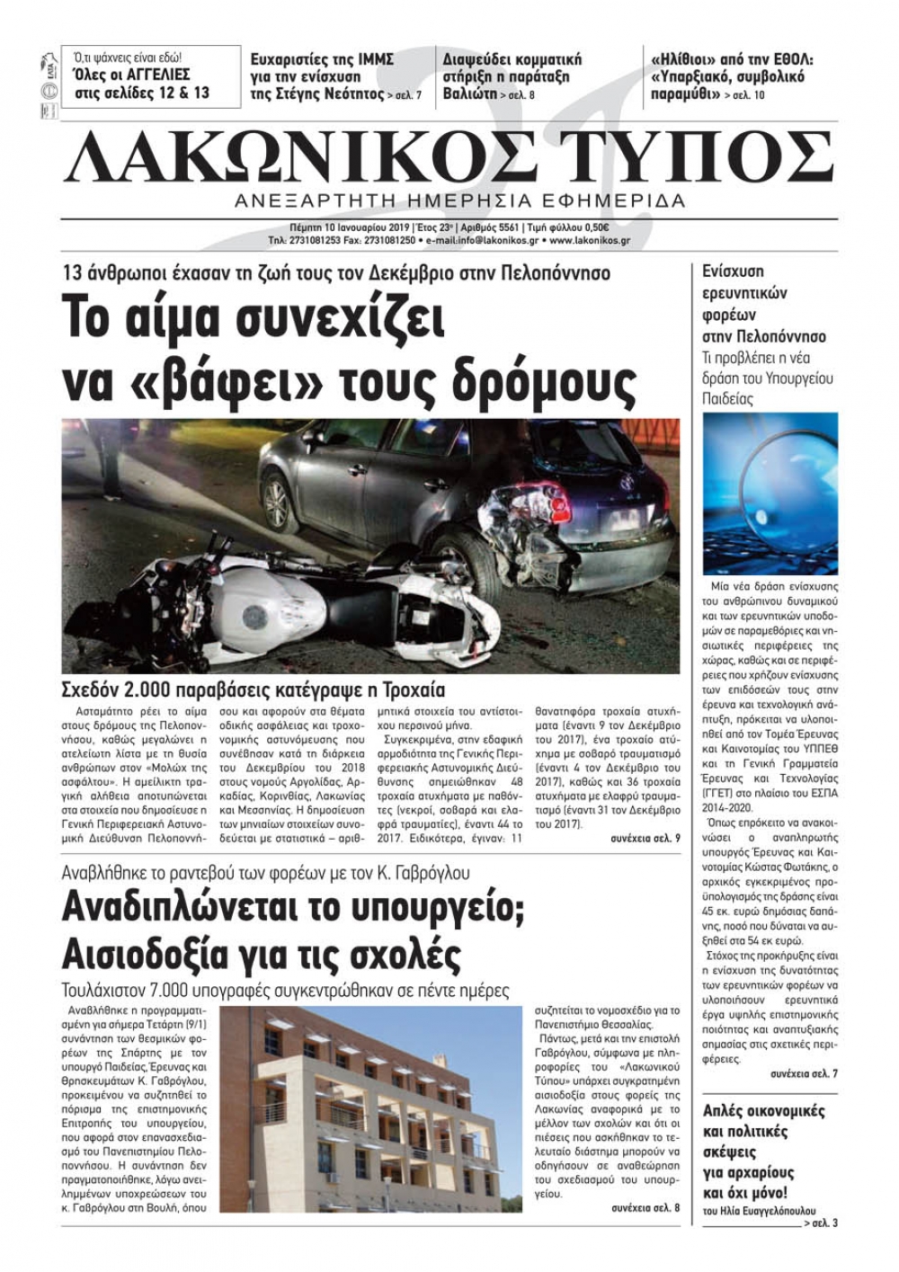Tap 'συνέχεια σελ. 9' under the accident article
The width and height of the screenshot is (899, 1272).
coord(645,838)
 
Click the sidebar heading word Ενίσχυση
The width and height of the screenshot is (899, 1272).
coord(733,271)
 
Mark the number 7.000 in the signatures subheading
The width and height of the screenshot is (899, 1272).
coord(186,991)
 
